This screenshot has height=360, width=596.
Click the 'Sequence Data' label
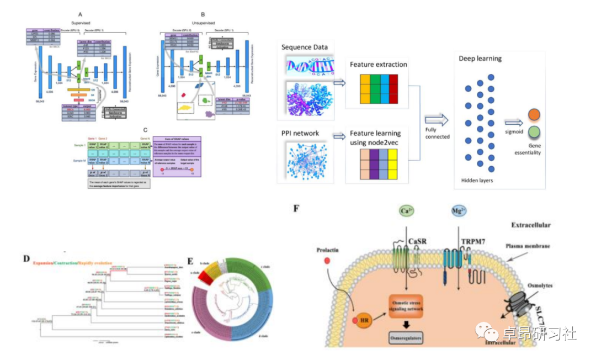pos(305,47)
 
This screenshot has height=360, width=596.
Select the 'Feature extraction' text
pos(378,65)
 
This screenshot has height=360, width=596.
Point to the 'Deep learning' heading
pos(480,58)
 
